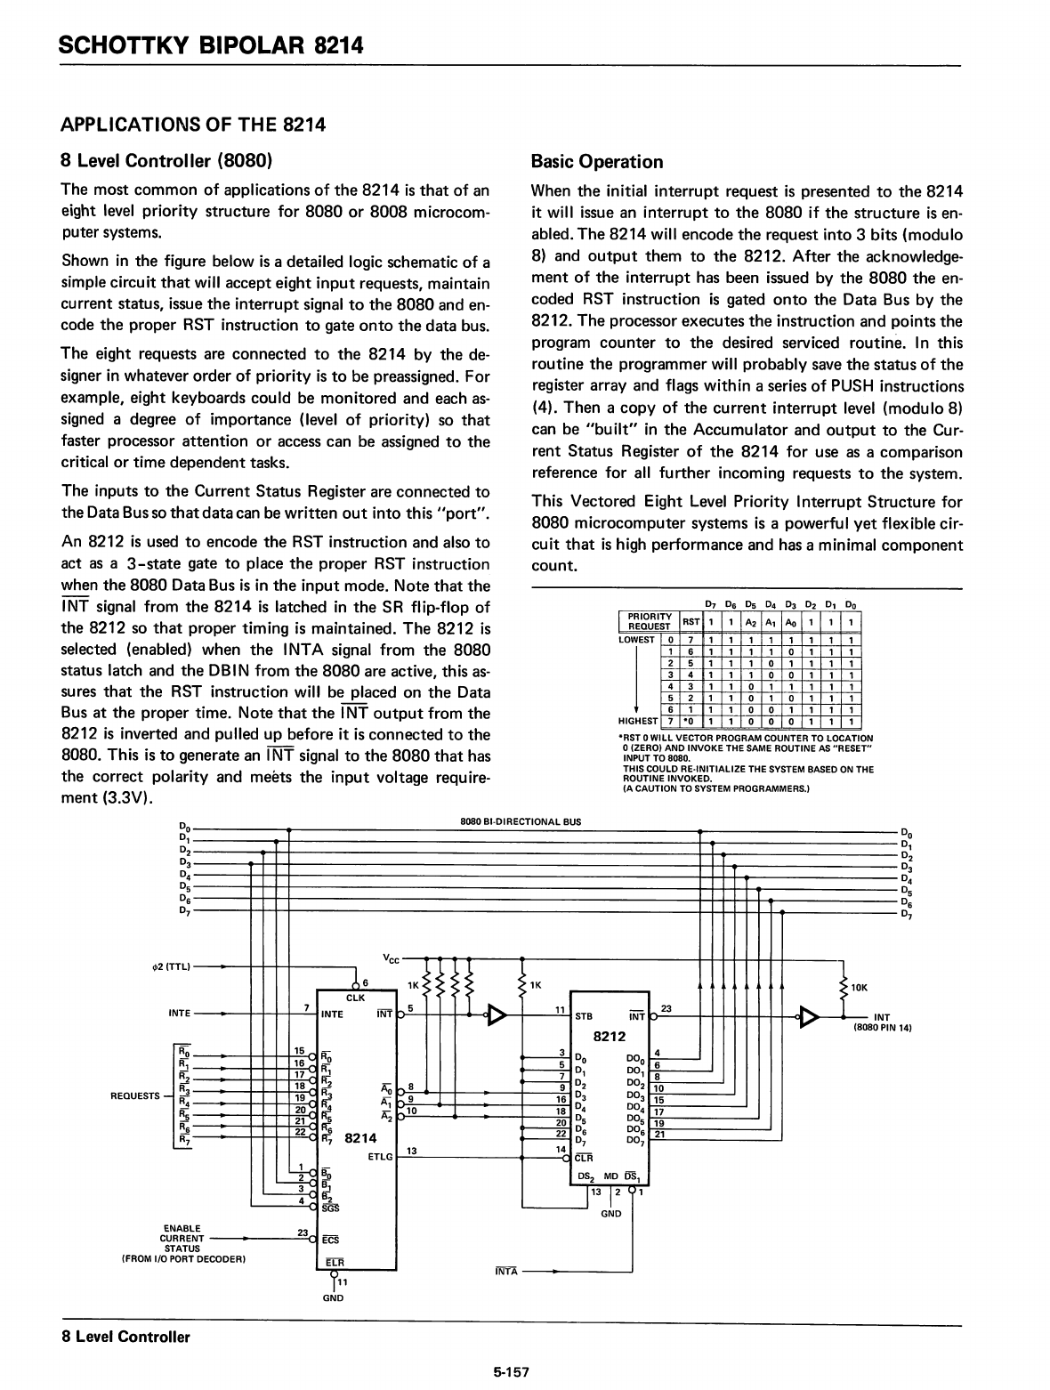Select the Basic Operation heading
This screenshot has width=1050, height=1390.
click(x=596, y=162)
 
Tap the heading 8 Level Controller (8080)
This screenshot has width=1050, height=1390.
click(x=166, y=161)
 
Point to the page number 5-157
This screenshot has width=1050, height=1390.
click(x=512, y=1372)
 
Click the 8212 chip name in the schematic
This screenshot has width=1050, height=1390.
click(x=610, y=1036)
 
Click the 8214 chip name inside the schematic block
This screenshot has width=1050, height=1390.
click(x=360, y=1137)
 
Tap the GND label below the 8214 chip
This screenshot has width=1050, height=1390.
click(x=333, y=1297)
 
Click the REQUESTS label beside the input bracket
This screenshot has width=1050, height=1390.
click(x=134, y=1095)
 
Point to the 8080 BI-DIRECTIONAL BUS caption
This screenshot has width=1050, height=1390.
click(x=521, y=821)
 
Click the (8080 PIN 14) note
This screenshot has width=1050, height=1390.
click(x=884, y=1027)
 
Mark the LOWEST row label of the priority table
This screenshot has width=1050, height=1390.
click(x=637, y=639)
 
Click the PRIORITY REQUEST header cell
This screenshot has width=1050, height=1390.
click(x=649, y=620)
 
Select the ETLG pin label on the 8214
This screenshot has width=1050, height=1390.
click(x=380, y=1157)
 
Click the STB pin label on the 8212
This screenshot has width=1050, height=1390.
click(x=585, y=1014)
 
